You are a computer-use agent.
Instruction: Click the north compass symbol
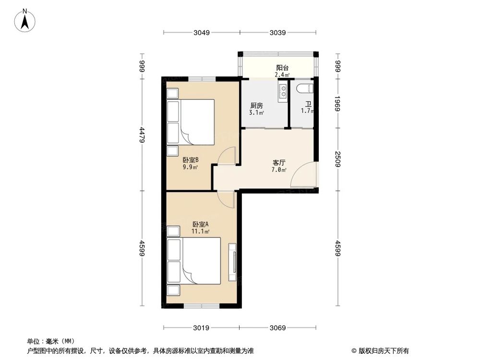(x=27, y=20)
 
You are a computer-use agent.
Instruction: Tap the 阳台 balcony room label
(x=282, y=68)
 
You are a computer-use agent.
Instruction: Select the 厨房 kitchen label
(x=256, y=106)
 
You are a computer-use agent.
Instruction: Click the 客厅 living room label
(x=278, y=163)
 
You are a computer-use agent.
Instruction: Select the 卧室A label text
(x=200, y=224)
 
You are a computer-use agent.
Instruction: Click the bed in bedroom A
(x=194, y=262)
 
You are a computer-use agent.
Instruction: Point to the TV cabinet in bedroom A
(x=233, y=263)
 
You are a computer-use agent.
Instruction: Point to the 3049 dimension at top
(x=202, y=33)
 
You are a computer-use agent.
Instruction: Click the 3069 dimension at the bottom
(x=277, y=328)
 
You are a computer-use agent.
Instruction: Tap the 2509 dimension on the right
(x=337, y=159)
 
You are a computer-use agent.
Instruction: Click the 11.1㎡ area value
(x=201, y=231)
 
